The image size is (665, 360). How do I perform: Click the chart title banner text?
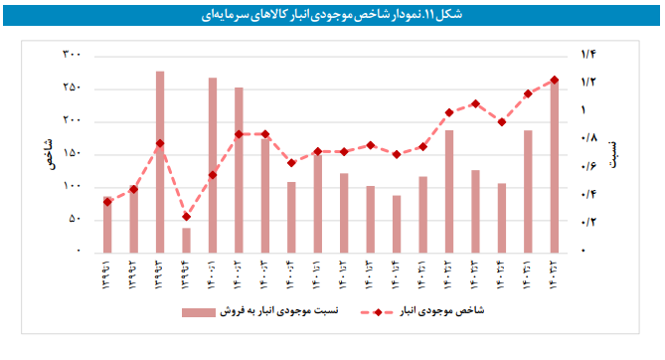pos(332,14)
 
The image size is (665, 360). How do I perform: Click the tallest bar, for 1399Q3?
pos(159,159)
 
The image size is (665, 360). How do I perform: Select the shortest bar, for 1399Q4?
pos(186,240)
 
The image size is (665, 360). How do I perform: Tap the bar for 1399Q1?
pos(107,225)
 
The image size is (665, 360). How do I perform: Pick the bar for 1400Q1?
pos(213,164)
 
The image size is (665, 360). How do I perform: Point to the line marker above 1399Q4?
pos(186,217)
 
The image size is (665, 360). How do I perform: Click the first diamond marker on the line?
pos(107,202)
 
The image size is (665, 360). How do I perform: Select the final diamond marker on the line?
pos(555,80)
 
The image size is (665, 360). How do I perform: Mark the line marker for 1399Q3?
pos(159,143)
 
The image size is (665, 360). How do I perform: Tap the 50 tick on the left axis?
pos(73,220)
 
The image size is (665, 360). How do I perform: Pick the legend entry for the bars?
pos(260,312)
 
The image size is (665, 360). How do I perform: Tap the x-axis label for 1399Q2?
pos(133,272)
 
